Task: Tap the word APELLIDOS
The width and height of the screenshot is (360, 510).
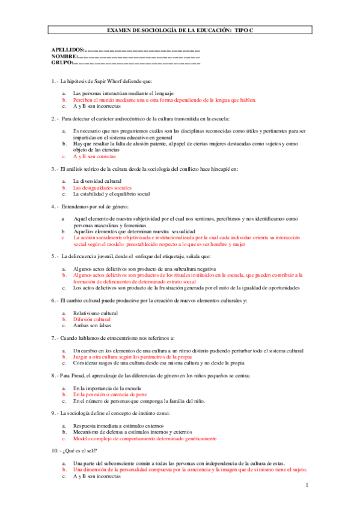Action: [x=68, y=49]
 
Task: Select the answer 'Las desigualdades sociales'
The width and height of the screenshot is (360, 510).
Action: [x=102, y=188]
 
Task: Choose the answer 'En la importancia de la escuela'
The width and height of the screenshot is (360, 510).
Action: [x=114, y=389]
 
